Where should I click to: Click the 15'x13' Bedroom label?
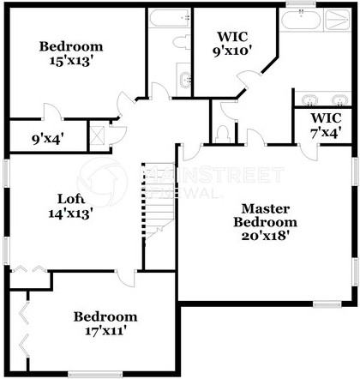coord(71,54)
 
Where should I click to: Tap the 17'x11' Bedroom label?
coord(105,322)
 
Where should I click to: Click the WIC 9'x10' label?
coord(232,44)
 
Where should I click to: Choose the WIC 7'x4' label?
coord(325,125)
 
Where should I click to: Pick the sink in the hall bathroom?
coord(183,80)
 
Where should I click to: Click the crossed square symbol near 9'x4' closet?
coord(97,135)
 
